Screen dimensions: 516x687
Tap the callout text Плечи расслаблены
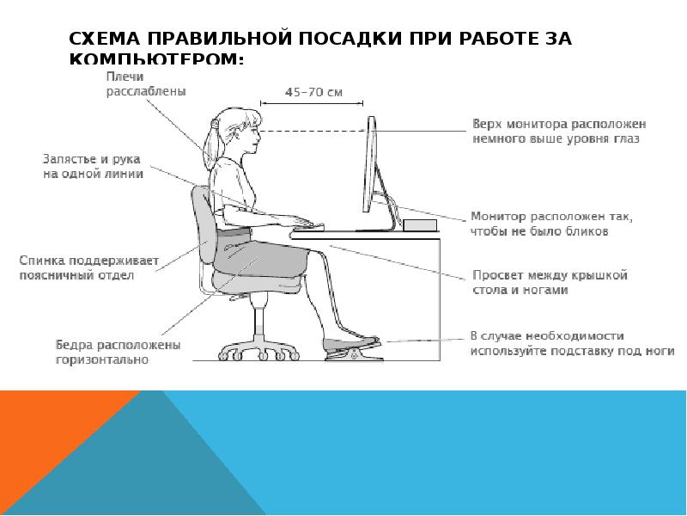point(144,83)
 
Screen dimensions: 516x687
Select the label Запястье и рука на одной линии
point(93,165)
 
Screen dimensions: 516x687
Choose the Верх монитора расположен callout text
point(559,130)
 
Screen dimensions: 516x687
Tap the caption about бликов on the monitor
point(550,224)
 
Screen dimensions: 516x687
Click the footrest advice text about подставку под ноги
point(572,343)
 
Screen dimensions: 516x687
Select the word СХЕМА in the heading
point(107,40)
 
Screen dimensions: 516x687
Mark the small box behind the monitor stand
point(420,225)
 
